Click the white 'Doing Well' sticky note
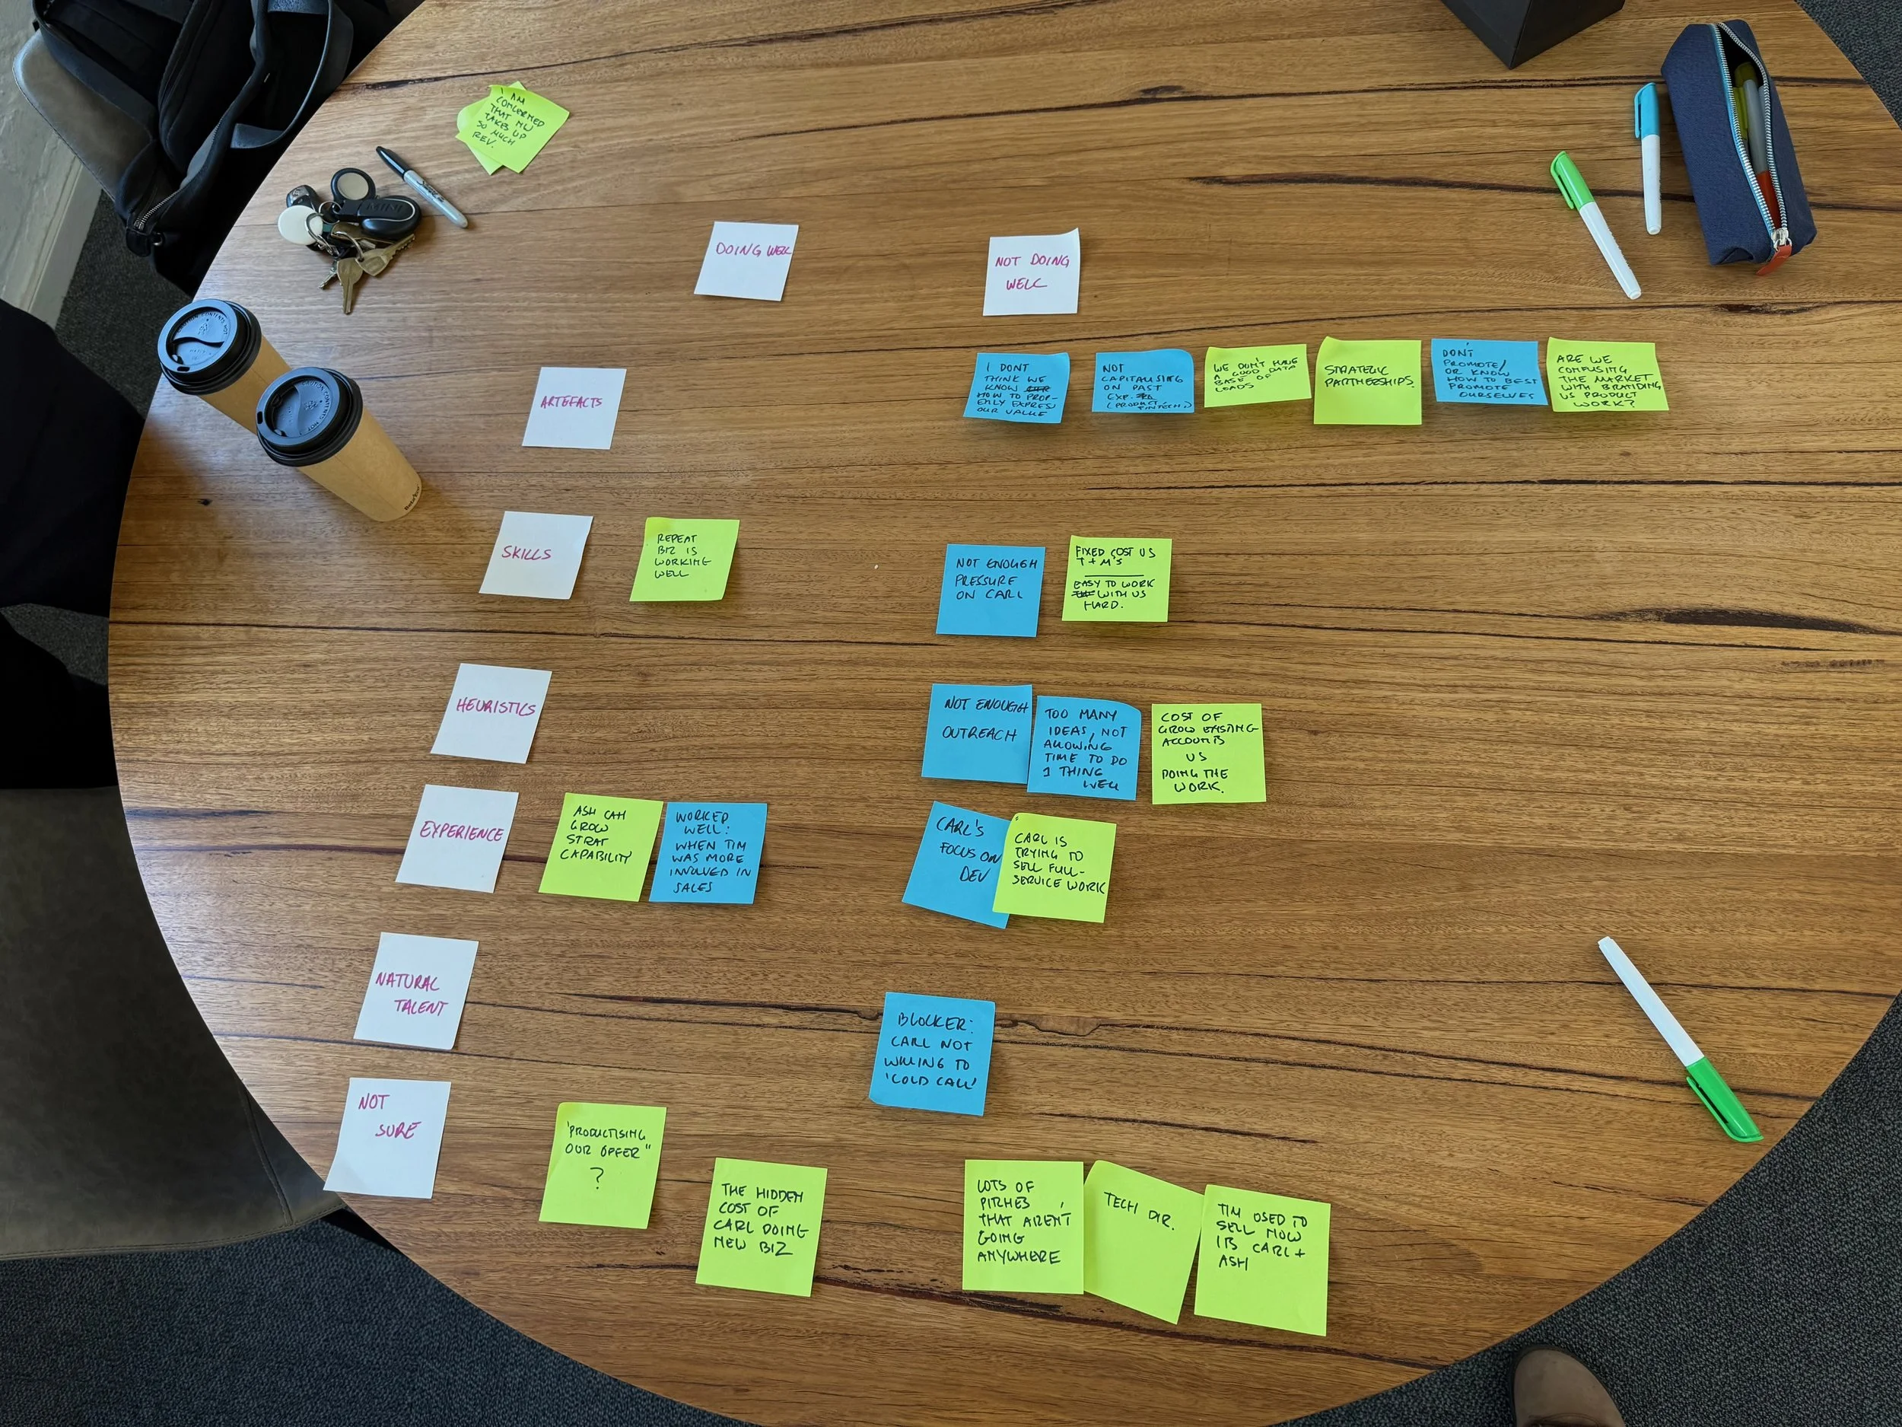pos(746,260)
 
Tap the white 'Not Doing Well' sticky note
pos(1031,272)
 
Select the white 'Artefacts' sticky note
pos(574,407)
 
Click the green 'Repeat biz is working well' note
pos(685,559)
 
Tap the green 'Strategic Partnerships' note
pos(1368,381)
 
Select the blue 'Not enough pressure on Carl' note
pos(990,590)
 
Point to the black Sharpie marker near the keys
pos(421,186)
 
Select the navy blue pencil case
pos(1737,146)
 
